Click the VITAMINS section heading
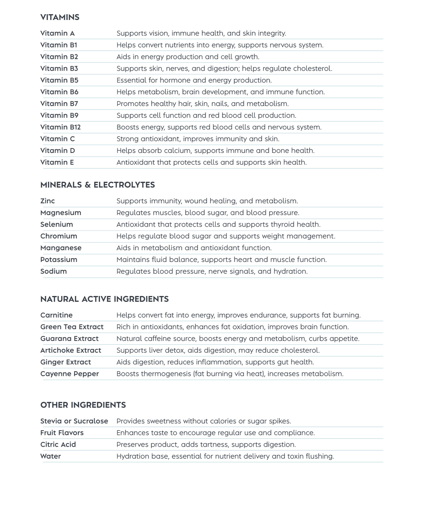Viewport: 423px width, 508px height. click(x=60, y=17)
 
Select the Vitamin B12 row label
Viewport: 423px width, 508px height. click(x=60, y=127)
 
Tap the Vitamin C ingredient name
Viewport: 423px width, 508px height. click(x=58, y=139)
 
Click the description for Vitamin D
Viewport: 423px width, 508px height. click(x=215, y=151)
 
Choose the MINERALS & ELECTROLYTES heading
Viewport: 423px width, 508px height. click(x=98, y=185)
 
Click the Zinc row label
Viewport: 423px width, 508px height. click(x=48, y=201)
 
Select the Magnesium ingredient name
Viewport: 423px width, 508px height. click(x=61, y=213)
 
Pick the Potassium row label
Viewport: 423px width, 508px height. click(x=59, y=260)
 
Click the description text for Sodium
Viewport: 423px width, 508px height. click(x=212, y=271)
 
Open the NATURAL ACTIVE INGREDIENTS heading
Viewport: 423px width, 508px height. click(x=104, y=299)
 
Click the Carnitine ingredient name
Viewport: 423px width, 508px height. click(x=56, y=315)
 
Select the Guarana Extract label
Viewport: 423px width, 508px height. click(x=69, y=339)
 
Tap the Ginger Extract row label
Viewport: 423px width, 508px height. click(x=66, y=362)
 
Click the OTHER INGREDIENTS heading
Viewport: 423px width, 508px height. click(x=83, y=405)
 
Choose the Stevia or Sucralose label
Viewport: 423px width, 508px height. click(x=74, y=421)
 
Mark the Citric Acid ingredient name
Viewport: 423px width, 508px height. click(x=58, y=445)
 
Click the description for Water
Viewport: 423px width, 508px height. click(x=225, y=456)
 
